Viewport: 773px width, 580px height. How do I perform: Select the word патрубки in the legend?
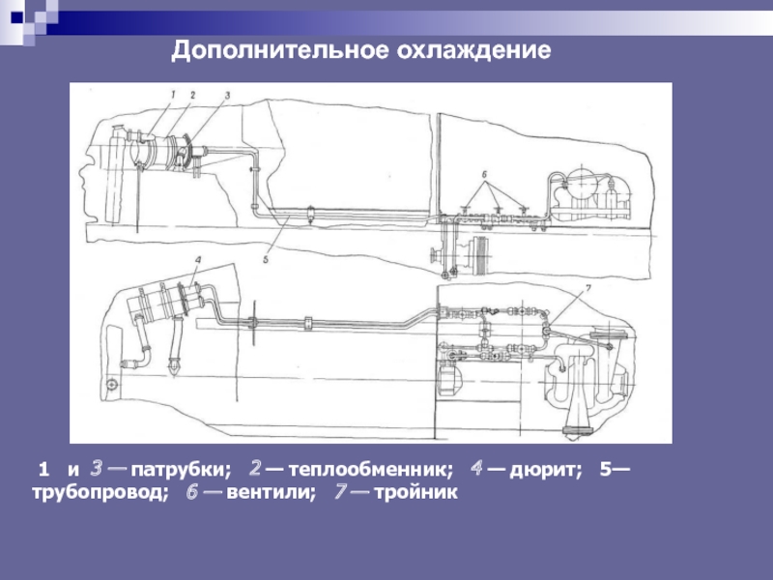(x=181, y=469)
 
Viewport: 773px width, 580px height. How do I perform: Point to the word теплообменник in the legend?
(x=370, y=469)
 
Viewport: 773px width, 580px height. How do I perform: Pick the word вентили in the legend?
(x=271, y=492)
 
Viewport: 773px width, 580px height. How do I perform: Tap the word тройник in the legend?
(x=416, y=492)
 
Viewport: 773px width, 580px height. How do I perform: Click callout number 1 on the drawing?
(x=173, y=94)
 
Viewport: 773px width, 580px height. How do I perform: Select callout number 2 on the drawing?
(x=192, y=95)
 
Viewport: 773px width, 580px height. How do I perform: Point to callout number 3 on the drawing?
(x=227, y=95)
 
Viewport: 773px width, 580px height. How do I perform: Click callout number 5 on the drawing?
(x=266, y=259)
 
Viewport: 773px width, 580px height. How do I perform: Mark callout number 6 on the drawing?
(x=485, y=175)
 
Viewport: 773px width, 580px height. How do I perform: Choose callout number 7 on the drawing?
(x=587, y=288)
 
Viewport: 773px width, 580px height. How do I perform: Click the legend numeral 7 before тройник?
(x=341, y=492)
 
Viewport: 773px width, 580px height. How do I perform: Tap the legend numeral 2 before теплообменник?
(x=255, y=469)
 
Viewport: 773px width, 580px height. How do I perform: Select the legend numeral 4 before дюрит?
(x=476, y=469)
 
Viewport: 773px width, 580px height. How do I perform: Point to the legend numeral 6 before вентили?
(x=192, y=492)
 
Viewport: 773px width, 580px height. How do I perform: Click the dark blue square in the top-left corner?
(x=17, y=17)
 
